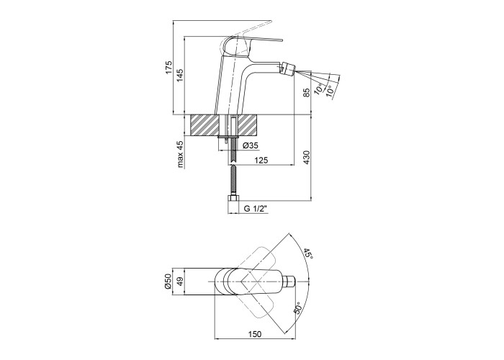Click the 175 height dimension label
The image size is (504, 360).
click(169, 68)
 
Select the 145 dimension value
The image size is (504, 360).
click(180, 76)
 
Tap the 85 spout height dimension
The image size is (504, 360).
click(306, 93)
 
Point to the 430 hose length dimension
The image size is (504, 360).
click(306, 158)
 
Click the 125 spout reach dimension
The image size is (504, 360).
click(261, 160)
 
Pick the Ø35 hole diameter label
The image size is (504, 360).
click(251, 145)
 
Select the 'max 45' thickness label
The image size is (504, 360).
click(180, 154)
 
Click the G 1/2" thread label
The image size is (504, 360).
click(256, 209)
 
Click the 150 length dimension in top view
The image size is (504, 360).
click(255, 334)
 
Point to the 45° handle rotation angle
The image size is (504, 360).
click(308, 253)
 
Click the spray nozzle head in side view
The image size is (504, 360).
click(288, 68)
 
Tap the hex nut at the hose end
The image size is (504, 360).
click(233, 198)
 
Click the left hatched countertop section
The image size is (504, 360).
click(205, 125)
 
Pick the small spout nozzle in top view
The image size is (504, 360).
click(290, 282)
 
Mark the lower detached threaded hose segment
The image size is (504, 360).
click(233, 180)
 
